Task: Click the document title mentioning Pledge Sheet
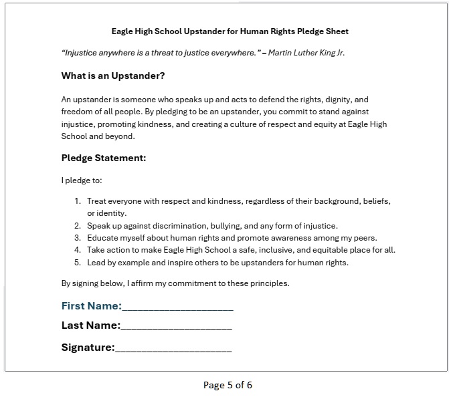point(230,31)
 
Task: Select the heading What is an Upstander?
point(113,76)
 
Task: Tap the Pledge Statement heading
point(104,158)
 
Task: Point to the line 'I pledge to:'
point(81,180)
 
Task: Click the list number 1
point(78,201)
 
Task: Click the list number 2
point(78,226)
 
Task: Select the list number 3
point(78,238)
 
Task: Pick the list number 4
point(78,250)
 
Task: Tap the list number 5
point(78,262)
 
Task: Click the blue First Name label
point(91,306)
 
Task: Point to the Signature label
point(88,348)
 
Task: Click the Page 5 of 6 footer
point(228,385)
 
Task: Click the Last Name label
point(90,326)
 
